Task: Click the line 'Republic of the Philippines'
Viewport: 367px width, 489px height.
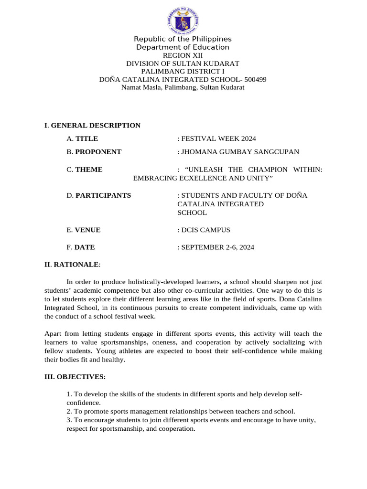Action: click(183, 39)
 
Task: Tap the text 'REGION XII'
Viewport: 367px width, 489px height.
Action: click(183, 55)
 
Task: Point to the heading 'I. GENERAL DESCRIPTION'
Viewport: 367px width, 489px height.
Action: click(92, 126)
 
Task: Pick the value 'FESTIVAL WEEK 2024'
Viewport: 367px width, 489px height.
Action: click(218, 138)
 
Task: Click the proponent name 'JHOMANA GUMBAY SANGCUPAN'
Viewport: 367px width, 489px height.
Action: click(240, 152)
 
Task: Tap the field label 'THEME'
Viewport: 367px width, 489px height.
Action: click(89, 170)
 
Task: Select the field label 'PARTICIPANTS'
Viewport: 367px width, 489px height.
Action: click(103, 195)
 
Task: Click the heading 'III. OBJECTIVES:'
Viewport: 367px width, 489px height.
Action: click(75, 377)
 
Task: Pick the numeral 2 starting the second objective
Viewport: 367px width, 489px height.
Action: click(69, 411)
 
